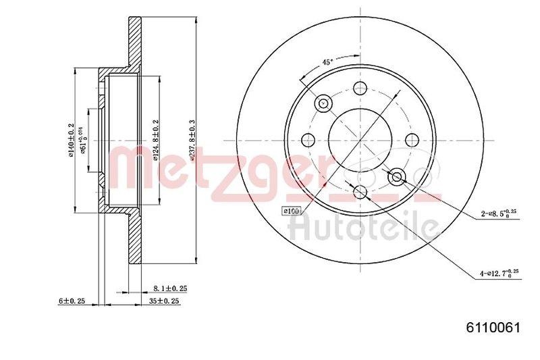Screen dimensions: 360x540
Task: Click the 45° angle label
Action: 327,62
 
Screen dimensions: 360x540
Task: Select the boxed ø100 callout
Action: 292,211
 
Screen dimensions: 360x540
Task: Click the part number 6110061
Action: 493,328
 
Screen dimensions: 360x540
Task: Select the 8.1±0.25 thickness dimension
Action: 169,288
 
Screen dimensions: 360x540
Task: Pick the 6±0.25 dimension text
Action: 72,301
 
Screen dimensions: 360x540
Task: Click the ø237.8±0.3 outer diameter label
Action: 193,139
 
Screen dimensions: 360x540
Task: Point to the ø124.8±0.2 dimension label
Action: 156,140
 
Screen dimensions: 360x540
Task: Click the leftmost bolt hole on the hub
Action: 308,140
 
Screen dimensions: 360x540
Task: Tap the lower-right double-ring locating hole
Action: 397,177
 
